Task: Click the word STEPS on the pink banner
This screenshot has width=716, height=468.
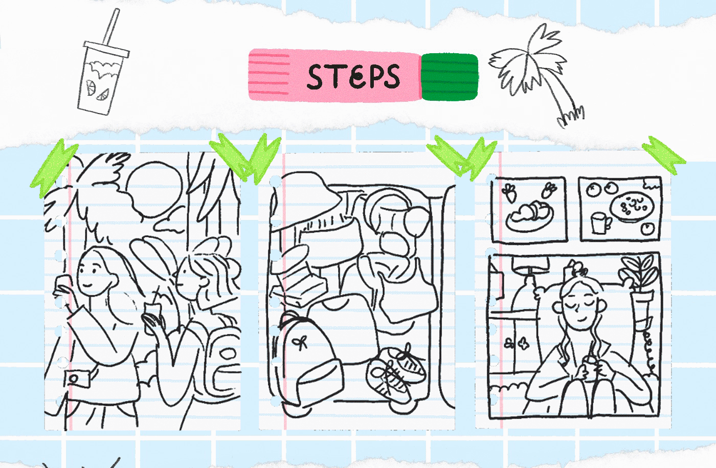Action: click(x=353, y=76)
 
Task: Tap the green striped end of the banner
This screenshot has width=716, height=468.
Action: click(x=450, y=77)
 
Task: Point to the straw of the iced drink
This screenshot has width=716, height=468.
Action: click(x=111, y=28)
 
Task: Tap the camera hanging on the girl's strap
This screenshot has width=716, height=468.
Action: click(x=77, y=379)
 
